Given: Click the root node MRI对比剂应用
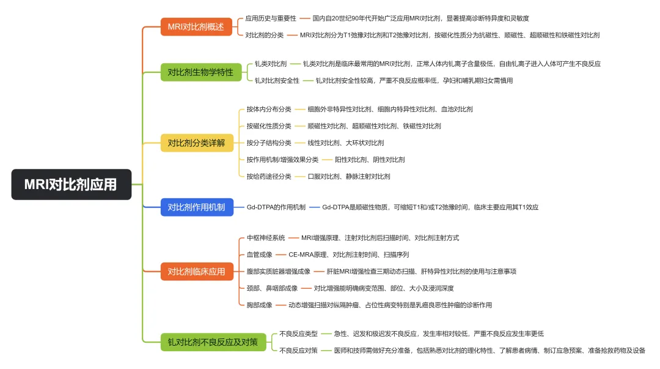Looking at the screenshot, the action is [71, 184].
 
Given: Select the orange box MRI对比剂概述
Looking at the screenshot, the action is [196, 27].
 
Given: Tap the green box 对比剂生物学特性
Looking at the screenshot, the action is [200, 72].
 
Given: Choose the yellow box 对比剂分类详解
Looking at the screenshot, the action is [196, 143].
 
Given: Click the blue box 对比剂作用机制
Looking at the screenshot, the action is [196, 207].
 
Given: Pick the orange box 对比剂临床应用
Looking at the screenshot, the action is [196, 271].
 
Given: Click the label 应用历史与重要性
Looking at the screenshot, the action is [271, 19].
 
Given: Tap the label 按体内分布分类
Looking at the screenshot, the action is [269, 110].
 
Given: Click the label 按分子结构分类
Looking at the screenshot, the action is [269, 143].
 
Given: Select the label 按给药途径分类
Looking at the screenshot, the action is [269, 176].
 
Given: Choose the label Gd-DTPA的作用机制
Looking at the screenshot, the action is [276, 207].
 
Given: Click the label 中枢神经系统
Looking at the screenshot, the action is [266, 238].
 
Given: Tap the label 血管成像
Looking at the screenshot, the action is [259, 255].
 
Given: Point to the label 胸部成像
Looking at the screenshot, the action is [259, 305].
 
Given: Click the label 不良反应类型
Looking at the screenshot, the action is [298, 334].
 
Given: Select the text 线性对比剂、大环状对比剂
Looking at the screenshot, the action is [346, 143].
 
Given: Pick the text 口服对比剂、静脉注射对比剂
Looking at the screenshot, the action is [349, 176].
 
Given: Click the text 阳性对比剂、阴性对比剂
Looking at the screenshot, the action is [370, 160].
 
